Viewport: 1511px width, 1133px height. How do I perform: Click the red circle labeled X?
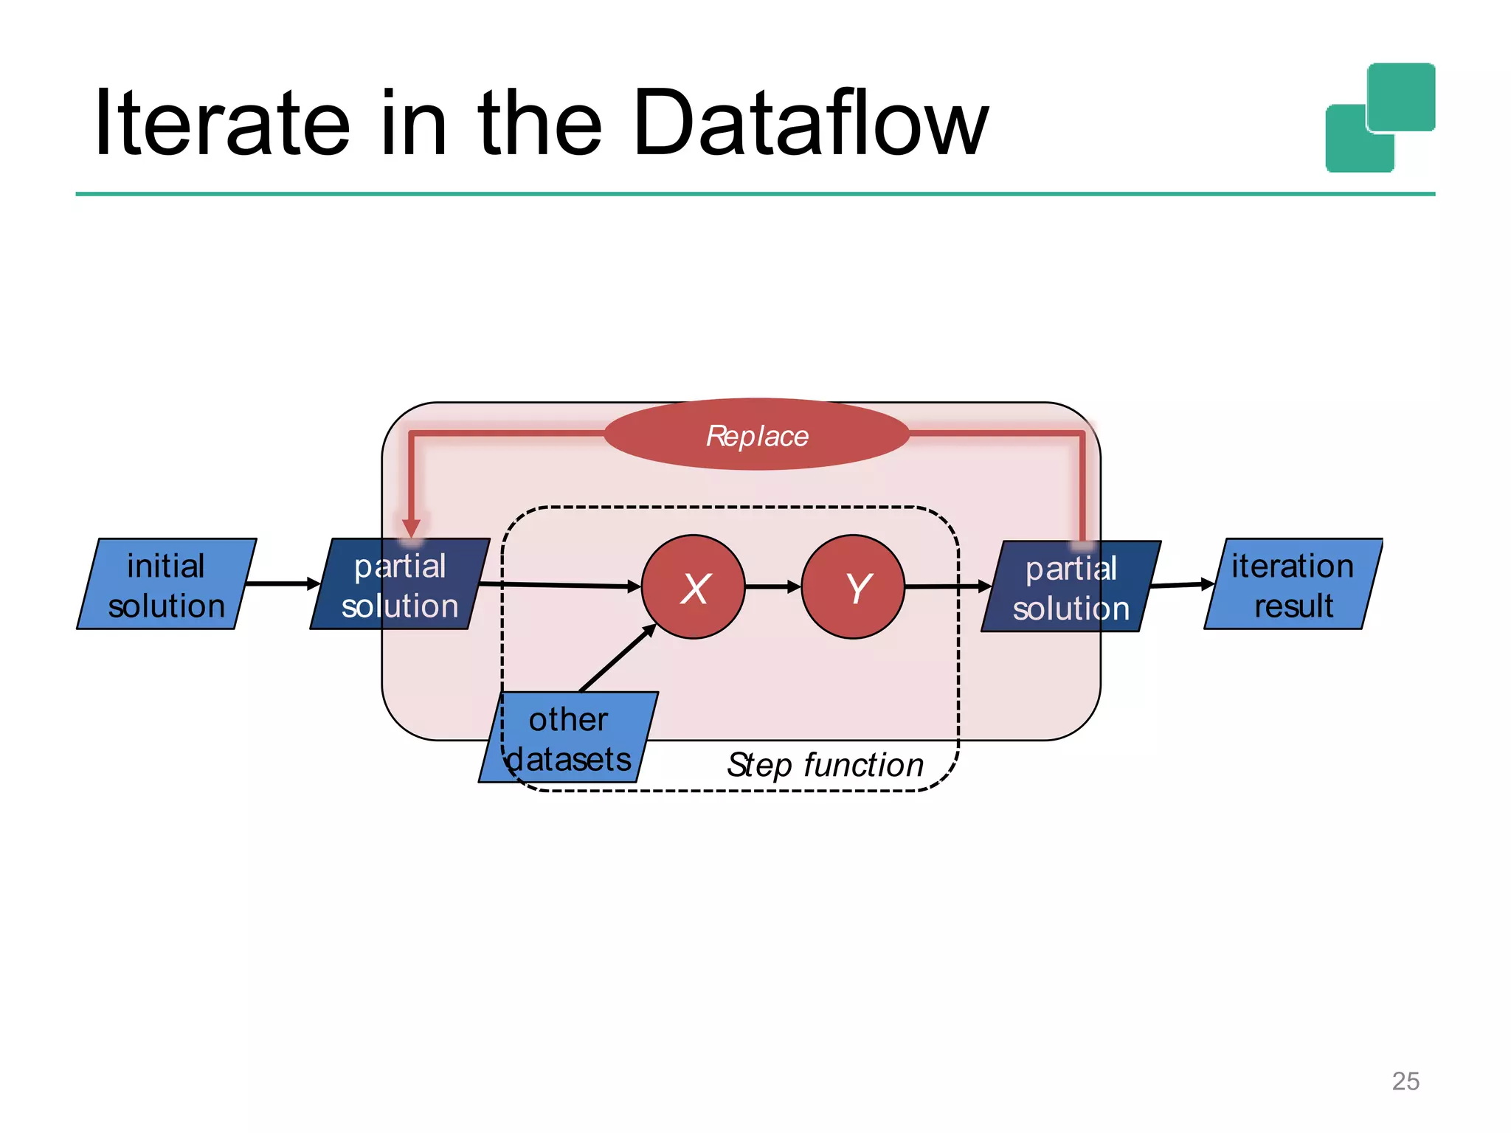tap(693, 586)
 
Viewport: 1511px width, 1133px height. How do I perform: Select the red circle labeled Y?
tap(853, 586)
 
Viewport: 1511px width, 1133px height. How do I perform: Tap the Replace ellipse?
tap(756, 434)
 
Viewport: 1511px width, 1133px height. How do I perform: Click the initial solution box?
tap(166, 584)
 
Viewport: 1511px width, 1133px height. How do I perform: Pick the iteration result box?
tap(1293, 584)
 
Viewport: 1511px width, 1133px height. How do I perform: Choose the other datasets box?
tap(568, 738)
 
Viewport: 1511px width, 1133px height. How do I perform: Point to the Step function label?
tap(825, 765)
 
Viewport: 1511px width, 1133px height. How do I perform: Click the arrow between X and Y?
tap(772, 587)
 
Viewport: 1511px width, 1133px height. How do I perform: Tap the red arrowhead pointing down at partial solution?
tap(412, 527)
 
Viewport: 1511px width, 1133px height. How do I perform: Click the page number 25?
tap(1405, 1081)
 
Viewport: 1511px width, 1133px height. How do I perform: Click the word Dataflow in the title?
tap(809, 123)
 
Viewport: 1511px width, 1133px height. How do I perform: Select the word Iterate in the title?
tap(221, 123)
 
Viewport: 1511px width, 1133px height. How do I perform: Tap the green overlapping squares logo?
tap(1380, 118)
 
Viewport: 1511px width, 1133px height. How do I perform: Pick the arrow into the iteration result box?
tap(1182, 585)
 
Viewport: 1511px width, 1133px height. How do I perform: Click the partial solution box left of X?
tap(399, 584)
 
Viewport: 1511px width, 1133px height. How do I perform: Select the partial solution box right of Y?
tap(1071, 587)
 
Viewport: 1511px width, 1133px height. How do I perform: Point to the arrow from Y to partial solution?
tap(947, 587)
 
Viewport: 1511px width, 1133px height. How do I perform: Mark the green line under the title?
tap(755, 194)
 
